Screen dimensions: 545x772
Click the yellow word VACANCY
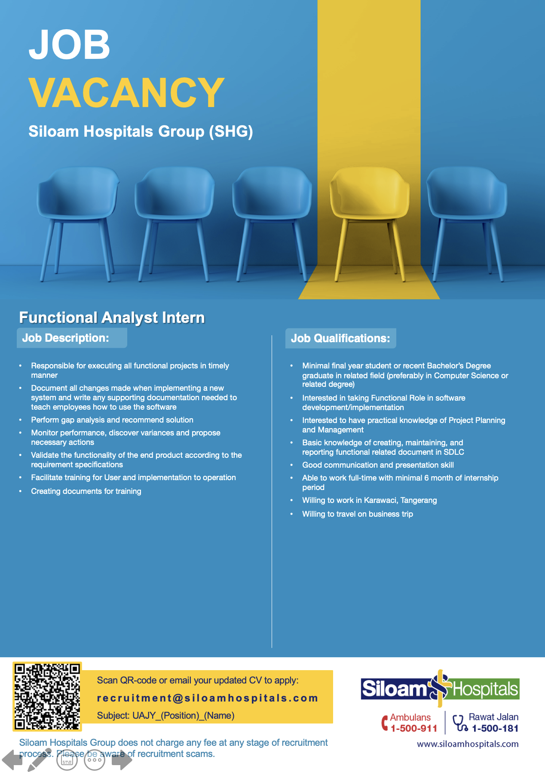[126, 93]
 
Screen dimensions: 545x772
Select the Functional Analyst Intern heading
[112, 318]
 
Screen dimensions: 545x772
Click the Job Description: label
[65, 338]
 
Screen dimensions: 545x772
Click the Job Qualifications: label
[340, 338]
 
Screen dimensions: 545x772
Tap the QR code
[47, 696]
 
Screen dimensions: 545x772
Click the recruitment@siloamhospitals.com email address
[208, 698]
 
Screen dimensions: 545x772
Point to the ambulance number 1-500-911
[413, 728]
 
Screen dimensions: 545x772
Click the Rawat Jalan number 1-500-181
[495, 728]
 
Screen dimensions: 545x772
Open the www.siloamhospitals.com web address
[468, 744]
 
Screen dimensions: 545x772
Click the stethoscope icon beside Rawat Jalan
[460, 723]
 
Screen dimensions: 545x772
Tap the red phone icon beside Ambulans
[385, 723]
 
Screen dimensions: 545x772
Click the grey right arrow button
[122, 760]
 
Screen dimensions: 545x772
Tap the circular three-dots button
[95, 760]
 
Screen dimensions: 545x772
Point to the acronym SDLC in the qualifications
[453, 452]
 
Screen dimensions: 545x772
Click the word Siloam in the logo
[394, 689]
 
